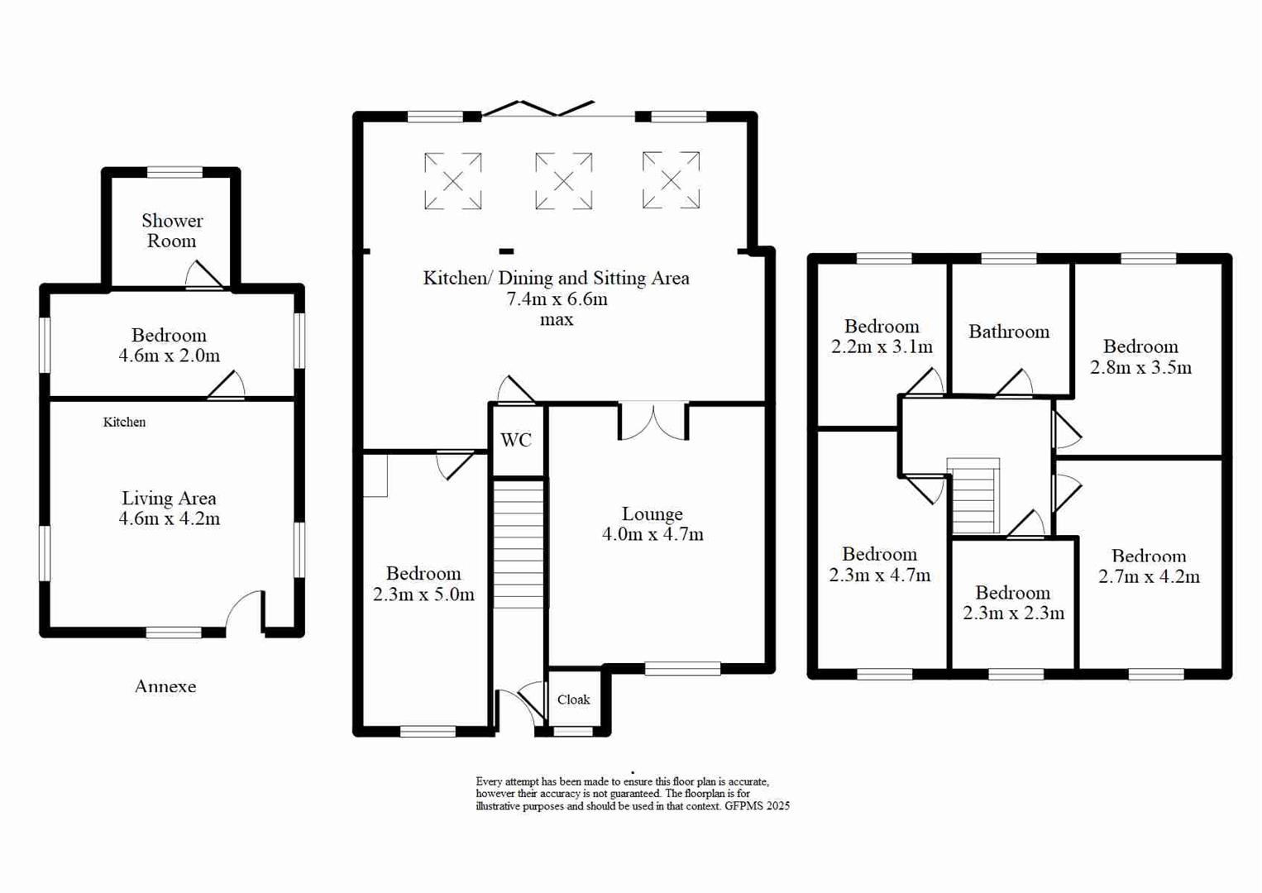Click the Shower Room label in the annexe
172,231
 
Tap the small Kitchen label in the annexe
124,422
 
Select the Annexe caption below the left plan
165,686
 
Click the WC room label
516,440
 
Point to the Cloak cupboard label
573,700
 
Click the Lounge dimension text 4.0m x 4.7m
653,534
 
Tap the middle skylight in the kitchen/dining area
563,180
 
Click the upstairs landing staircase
974,496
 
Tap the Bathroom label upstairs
1009,332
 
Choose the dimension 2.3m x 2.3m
1013,613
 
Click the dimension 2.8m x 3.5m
1140,367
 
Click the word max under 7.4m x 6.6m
557,319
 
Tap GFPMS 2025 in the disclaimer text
757,805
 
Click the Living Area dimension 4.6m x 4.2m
170,518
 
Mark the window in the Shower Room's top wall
174,172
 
